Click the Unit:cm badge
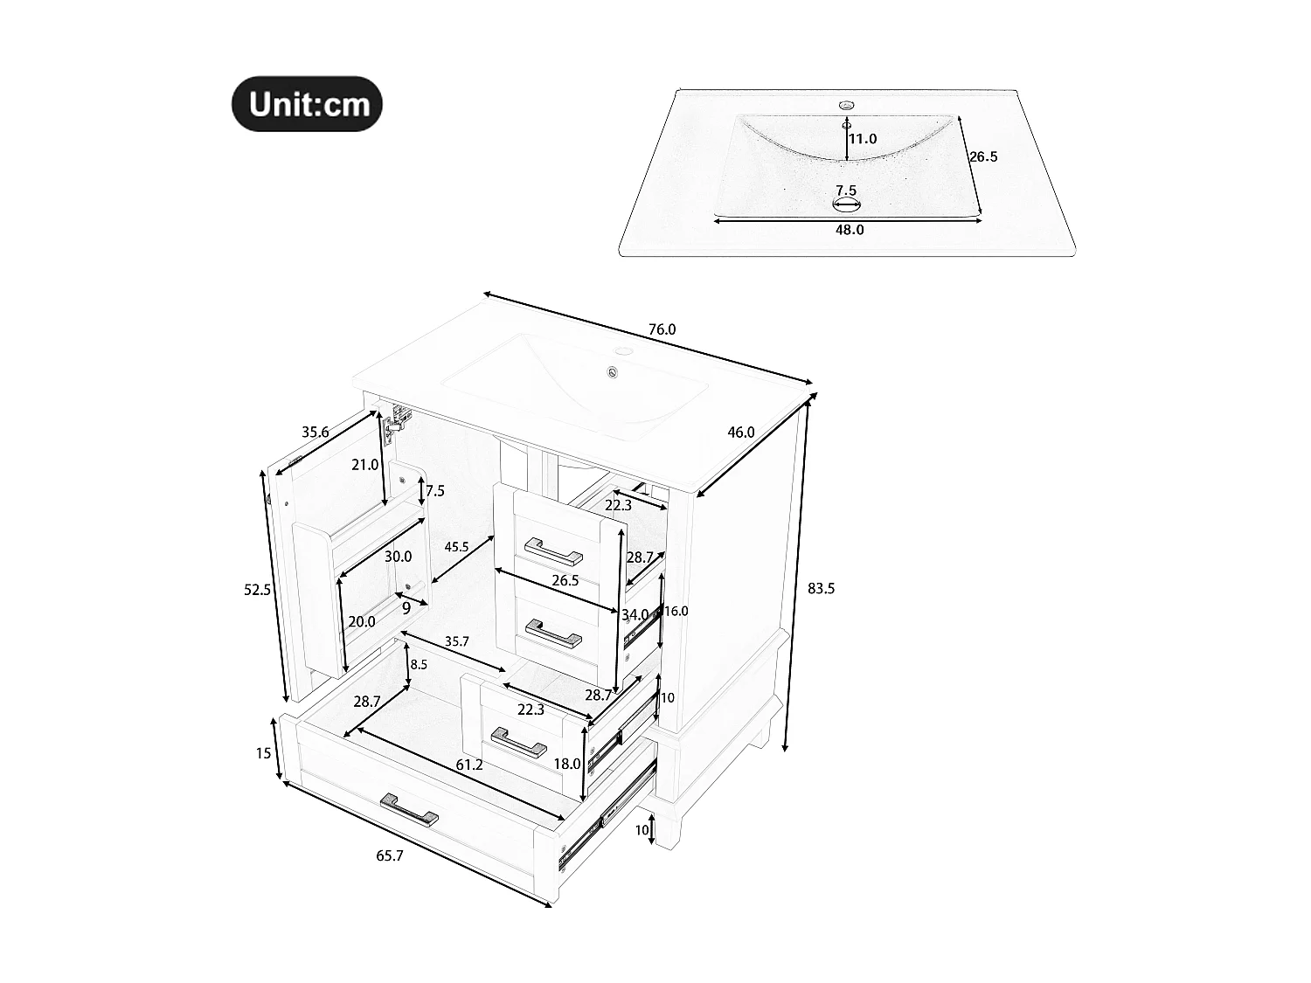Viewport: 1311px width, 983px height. [x=307, y=104]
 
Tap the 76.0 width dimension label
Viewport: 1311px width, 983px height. [x=662, y=329]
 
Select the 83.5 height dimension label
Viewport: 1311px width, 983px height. [x=821, y=589]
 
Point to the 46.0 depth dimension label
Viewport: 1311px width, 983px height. [x=740, y=432]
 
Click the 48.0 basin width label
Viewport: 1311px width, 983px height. [x=850, y=230]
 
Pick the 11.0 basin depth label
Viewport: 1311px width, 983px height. [x=863, y=139]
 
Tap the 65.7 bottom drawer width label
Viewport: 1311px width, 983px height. [x=390, y=856]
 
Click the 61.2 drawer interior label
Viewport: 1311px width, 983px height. [x=469, y=765]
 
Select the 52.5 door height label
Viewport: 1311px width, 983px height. [x=257, y=590]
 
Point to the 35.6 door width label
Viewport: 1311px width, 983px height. [x=315, y=432]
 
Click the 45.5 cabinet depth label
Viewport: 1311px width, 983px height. [x=456, y=547]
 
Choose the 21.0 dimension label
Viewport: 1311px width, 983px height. [x=364, y=465]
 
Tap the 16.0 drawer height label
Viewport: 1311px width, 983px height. [x=676, y=612]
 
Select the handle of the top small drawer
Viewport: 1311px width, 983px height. [x=553, y=550]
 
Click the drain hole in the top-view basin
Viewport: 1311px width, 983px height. [x=847, y=206]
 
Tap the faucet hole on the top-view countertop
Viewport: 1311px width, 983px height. [x=846, y=105]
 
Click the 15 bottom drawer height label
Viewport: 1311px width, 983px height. [x=264, y=752]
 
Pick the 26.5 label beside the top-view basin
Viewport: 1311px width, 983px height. [x=983, y=157]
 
